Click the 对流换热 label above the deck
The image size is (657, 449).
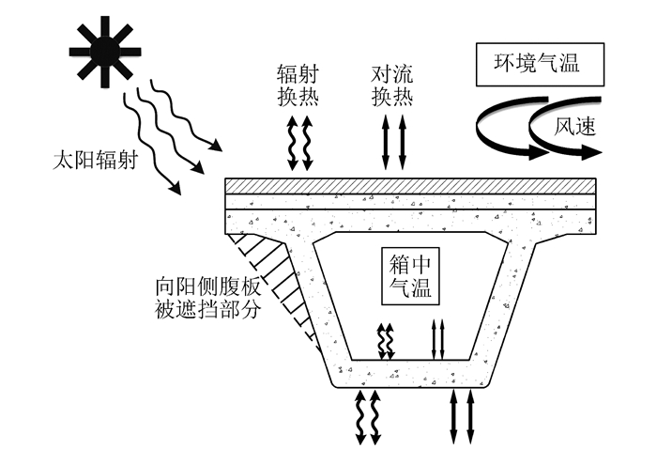pyautogui.click(x=392, y=84)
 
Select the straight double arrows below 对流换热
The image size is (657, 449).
pyautogui.click(x=393, y=143)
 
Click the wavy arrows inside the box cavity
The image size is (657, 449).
pyautogui.click(x=384, y=340)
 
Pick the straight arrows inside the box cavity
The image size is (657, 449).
pyautogui.click(x=436, y=339)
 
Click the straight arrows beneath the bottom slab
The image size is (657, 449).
pyautogui.click(x=462, y=416)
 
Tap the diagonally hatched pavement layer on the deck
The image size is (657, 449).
pyautogui.click(x=411, y=186)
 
